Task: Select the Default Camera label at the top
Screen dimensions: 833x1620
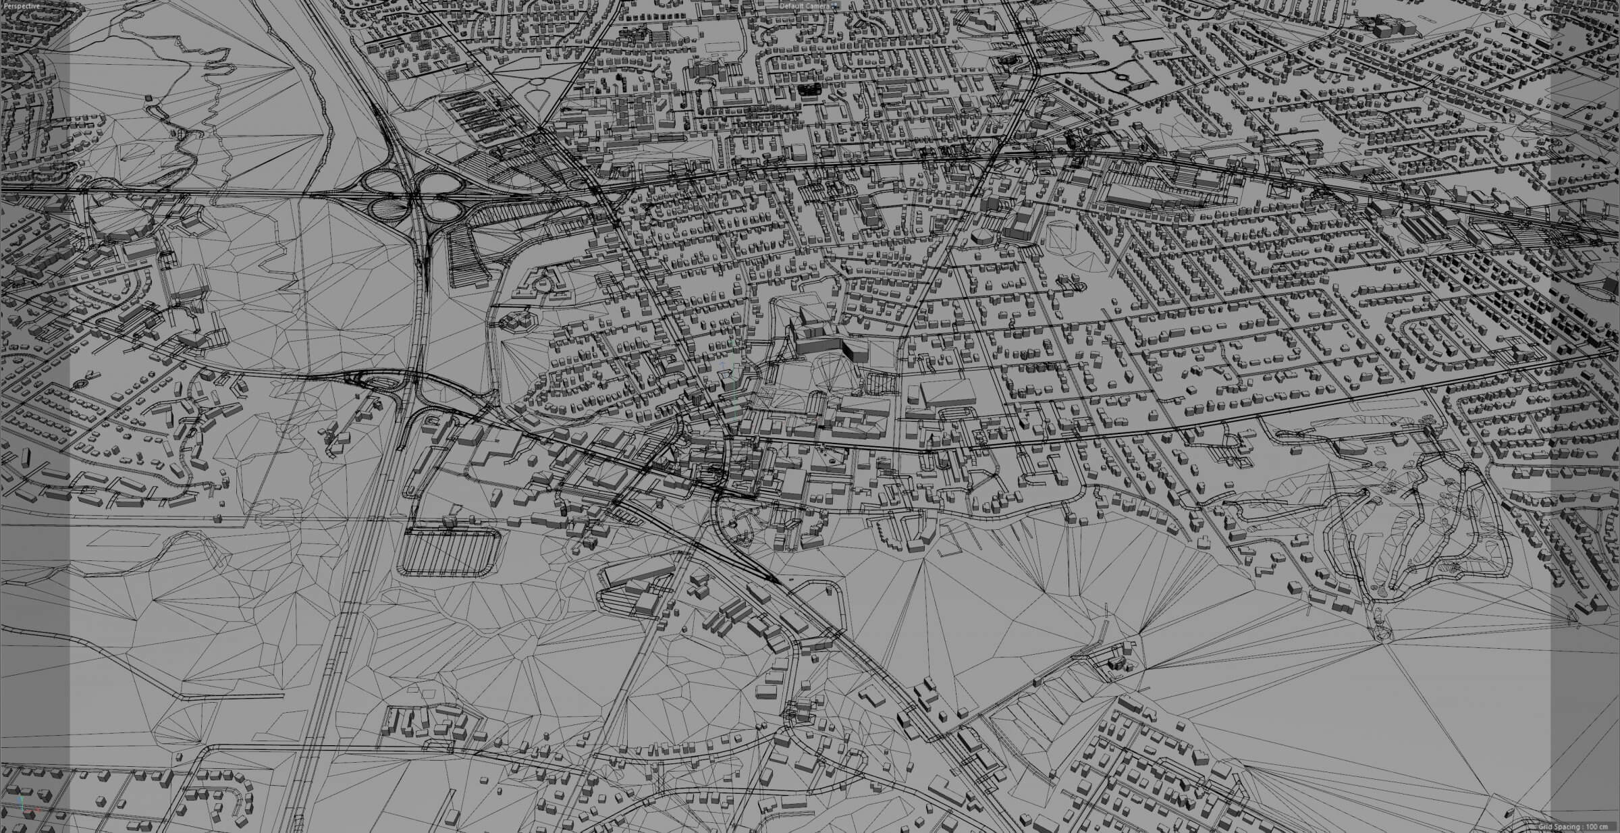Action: tap(805, 5)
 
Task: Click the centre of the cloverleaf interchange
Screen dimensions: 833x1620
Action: tap(413, 196)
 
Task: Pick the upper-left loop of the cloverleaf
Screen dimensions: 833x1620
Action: tap(380, 181)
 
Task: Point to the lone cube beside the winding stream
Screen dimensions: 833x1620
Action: tap(149, 99)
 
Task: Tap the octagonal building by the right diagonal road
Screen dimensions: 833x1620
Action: tap(982, 236)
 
